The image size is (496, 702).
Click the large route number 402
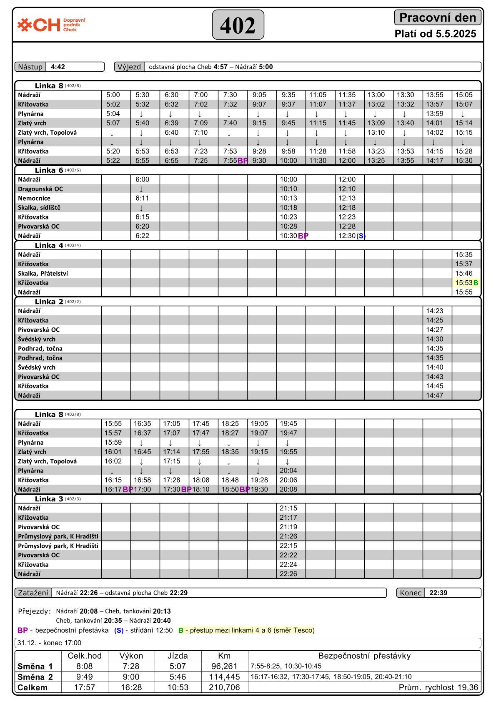238,25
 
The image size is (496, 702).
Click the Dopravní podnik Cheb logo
51,25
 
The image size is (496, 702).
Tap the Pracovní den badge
437,18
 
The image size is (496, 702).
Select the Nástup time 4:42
58,67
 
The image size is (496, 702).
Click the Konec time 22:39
438,593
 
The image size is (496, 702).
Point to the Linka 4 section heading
49,245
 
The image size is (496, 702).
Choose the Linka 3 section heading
49,499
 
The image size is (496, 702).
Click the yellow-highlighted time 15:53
463,283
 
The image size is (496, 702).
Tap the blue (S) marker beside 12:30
361,236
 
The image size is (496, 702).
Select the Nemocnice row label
34,198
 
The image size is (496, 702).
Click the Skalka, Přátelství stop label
43,274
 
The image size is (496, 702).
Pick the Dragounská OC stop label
40,189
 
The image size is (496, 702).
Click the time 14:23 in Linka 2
435,311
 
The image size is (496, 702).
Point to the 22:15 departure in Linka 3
288,546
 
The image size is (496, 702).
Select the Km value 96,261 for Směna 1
224,666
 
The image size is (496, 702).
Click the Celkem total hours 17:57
85,687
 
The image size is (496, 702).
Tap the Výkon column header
131,656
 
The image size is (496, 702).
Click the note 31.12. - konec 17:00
49,643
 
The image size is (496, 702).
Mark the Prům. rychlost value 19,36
469,687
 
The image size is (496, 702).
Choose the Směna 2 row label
35,677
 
